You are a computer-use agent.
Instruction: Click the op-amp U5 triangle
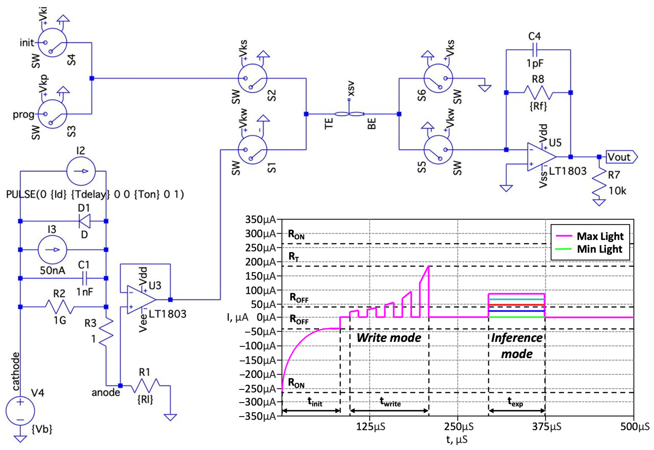(540, 157)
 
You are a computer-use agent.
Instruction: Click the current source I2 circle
(81, 171)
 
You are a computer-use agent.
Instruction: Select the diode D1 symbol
(85, 221)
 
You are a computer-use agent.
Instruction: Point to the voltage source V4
(20, 411)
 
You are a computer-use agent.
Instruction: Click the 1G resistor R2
(59, 307)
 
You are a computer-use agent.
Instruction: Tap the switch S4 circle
(52, 43)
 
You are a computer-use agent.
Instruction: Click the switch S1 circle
(252, 150)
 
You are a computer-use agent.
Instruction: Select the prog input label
(23, 115)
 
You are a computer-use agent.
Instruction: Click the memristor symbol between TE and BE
(349, 114)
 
